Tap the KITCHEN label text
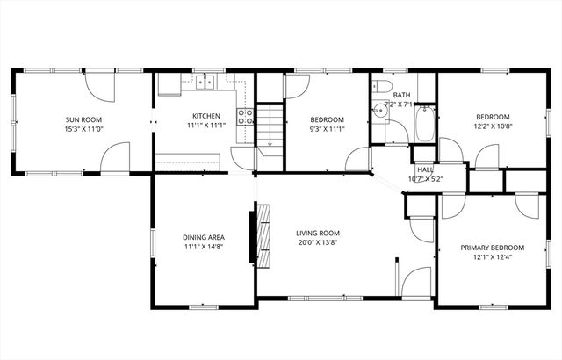tap(206, 116)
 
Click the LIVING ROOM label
tap(316, 233)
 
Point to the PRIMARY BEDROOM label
tap(492, 248)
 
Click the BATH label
tap(401, 95)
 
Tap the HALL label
tap(425, 169)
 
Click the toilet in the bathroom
tap(378, 86)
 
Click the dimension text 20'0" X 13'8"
tap(316, 242)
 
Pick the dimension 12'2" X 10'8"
tap(492, 126)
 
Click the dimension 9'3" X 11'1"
tap(327, 129)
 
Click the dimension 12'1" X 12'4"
tap(492, 258)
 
